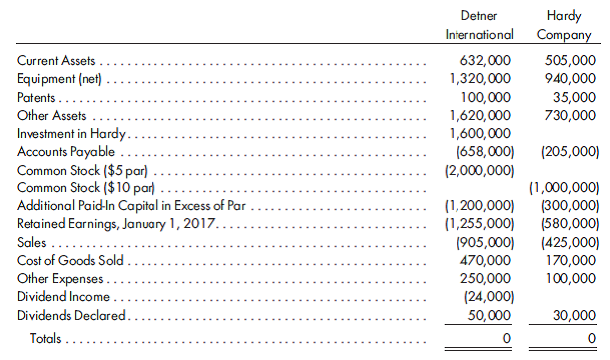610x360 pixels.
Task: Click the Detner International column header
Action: [478, 26]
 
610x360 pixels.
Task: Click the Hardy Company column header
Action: [565, 26]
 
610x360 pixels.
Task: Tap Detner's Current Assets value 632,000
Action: [483, 61]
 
